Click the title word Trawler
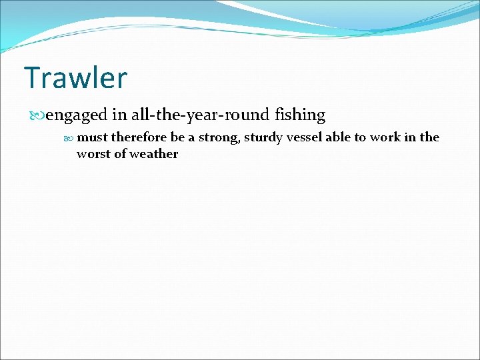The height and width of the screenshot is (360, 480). click(75, 78)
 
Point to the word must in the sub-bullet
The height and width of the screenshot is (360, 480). click(92, 137)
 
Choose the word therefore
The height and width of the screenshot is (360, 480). click(139, 137)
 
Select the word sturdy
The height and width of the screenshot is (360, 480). click(261, 137)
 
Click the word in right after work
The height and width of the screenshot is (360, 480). click(409, 137)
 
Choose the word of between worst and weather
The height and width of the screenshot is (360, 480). click(118, 154)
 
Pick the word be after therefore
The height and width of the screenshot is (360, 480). click(177, 137)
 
